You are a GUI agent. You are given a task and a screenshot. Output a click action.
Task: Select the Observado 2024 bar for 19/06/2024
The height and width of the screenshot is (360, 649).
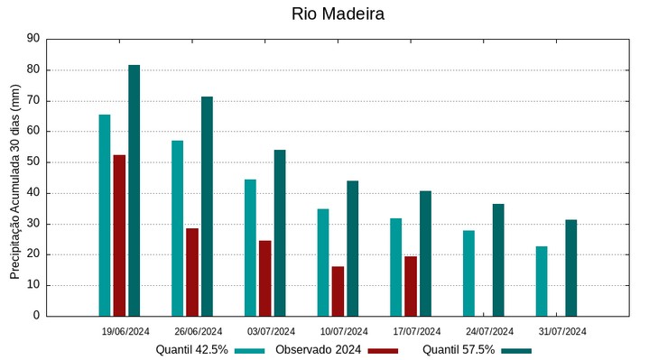(x=119, y=235)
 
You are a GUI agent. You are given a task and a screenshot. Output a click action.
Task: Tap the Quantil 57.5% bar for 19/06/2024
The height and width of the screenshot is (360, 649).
(x=134, y=190)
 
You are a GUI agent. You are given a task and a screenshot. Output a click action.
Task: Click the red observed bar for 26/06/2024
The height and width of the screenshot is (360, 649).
(x=192, y=272)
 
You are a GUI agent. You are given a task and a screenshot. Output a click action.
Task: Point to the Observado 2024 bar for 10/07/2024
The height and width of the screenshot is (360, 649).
(x=338, y=291)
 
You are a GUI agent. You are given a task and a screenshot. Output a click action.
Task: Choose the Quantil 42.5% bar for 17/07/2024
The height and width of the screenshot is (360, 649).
(x=396, y=267)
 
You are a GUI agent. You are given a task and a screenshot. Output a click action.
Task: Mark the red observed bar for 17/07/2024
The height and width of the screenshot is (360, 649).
(x=411, y=286)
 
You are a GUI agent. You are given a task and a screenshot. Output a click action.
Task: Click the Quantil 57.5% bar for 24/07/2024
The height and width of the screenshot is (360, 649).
(x=498, y=260)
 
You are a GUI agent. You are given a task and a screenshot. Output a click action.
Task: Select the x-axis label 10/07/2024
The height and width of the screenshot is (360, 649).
(x=344, y=331)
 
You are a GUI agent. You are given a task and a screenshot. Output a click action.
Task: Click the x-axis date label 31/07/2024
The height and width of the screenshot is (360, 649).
(x=562, y=331)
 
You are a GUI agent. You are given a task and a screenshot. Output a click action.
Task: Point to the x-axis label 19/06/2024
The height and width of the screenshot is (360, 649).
(x=125, y=331)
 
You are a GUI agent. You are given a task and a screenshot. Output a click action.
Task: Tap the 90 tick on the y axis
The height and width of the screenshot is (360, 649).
(x=33, y=39)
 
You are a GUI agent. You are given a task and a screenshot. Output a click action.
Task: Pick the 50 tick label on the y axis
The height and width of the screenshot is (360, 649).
(x=33, y=162)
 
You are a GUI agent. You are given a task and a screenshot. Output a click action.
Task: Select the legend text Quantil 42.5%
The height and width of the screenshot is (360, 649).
(x=191, y=350)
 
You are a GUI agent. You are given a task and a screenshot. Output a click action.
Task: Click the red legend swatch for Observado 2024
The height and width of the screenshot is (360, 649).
(x=383, y=350)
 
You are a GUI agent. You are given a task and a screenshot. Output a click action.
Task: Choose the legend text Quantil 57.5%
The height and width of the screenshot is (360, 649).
(x=459, y=350)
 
